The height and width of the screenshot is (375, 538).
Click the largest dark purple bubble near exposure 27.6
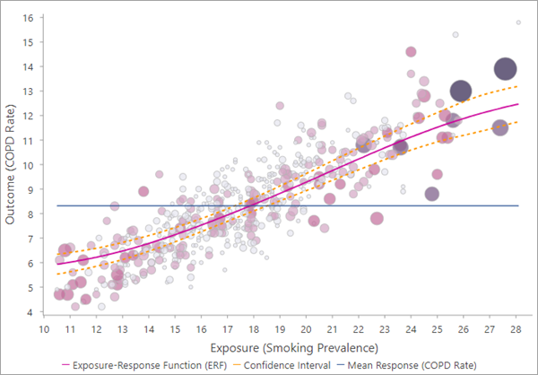pyautogui.click(x=506, y=69)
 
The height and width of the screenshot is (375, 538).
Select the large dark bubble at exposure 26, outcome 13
pyautogui.click(x=461, y=91)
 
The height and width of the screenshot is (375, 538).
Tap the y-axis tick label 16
pyautogui.click(x=28, y=18)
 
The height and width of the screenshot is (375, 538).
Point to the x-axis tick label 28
pyautogui.click(x=517, y=329)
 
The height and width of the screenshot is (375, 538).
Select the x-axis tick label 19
pyautogui.click(x=282, y=329)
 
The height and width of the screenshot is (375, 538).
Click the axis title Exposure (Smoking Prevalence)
pyautogui.click(x=282, y=347)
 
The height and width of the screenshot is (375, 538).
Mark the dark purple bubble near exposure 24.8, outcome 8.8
pyautogui.click(x=432, y=194)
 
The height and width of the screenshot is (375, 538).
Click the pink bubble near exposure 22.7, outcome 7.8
pyautogui.click(x=377, y=218)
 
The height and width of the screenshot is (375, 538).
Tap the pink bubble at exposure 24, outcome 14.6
pyautogui.click(x=411, y=52)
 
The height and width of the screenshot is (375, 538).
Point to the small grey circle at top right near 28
pyautogui.click(x=517, y=22)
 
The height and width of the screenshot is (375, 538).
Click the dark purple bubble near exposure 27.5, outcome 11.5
pyautogui.click(x=500, y=127)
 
